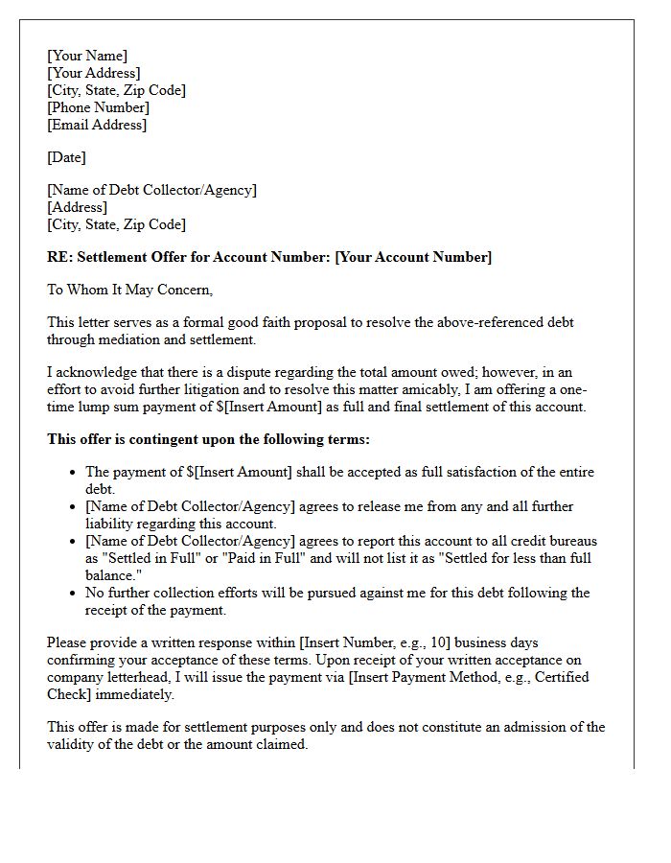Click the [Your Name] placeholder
[87, 56]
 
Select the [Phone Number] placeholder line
[98, 107]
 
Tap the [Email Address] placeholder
[97, 125]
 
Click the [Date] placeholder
[66, 157]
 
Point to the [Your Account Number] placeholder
[413, 257]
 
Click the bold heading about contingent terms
[208, 439]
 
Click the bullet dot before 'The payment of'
[73, 472]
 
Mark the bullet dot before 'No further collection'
[73, 593]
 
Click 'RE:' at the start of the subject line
[59, 257]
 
